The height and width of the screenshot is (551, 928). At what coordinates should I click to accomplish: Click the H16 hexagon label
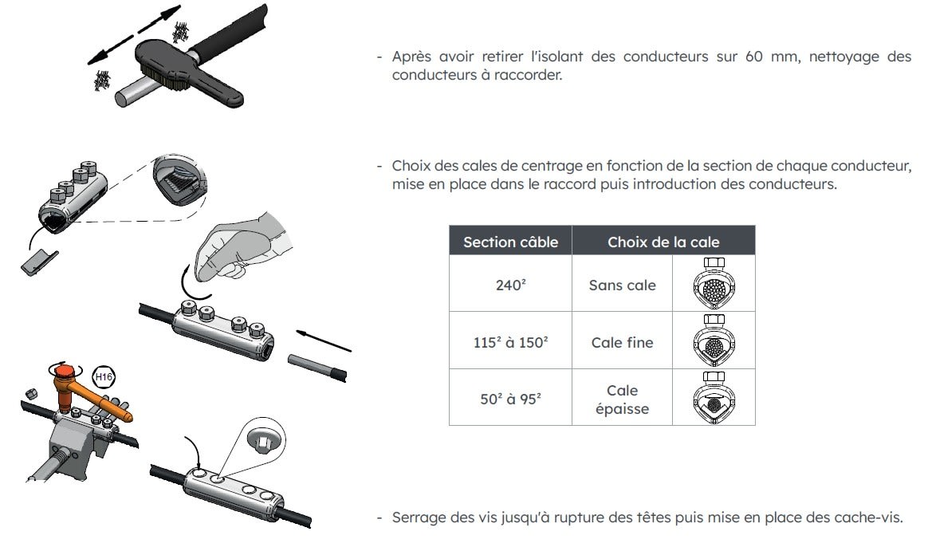tap(104, 377)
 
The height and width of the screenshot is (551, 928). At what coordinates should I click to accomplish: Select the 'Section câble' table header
tap(511, 242)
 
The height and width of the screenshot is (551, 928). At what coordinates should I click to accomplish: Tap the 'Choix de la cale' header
tap(663, 242)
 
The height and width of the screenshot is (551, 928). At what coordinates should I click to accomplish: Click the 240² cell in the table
tap(511, 285)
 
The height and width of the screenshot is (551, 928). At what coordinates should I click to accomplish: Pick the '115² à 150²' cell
tap(511, 342)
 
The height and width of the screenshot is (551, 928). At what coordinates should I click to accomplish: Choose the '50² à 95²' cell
tap(511, 399)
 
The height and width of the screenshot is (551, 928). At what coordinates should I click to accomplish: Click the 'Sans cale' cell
tap(622, 285)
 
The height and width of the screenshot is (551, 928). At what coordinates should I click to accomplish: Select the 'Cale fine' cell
tap(622, 342)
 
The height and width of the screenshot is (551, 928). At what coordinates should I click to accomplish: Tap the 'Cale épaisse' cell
tap(622, 399)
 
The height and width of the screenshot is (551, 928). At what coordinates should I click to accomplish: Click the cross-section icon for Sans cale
tap(714, 284)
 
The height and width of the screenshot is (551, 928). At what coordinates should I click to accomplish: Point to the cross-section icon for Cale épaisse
tap(714, 398)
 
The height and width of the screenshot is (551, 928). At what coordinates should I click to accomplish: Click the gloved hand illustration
tap(242, 246)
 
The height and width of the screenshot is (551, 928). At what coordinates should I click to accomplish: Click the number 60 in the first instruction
tap(754, 57)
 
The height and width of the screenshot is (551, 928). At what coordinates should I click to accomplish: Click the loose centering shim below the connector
tap(39, 262)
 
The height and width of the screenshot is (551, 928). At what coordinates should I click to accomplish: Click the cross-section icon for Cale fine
tap(714, 341)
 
